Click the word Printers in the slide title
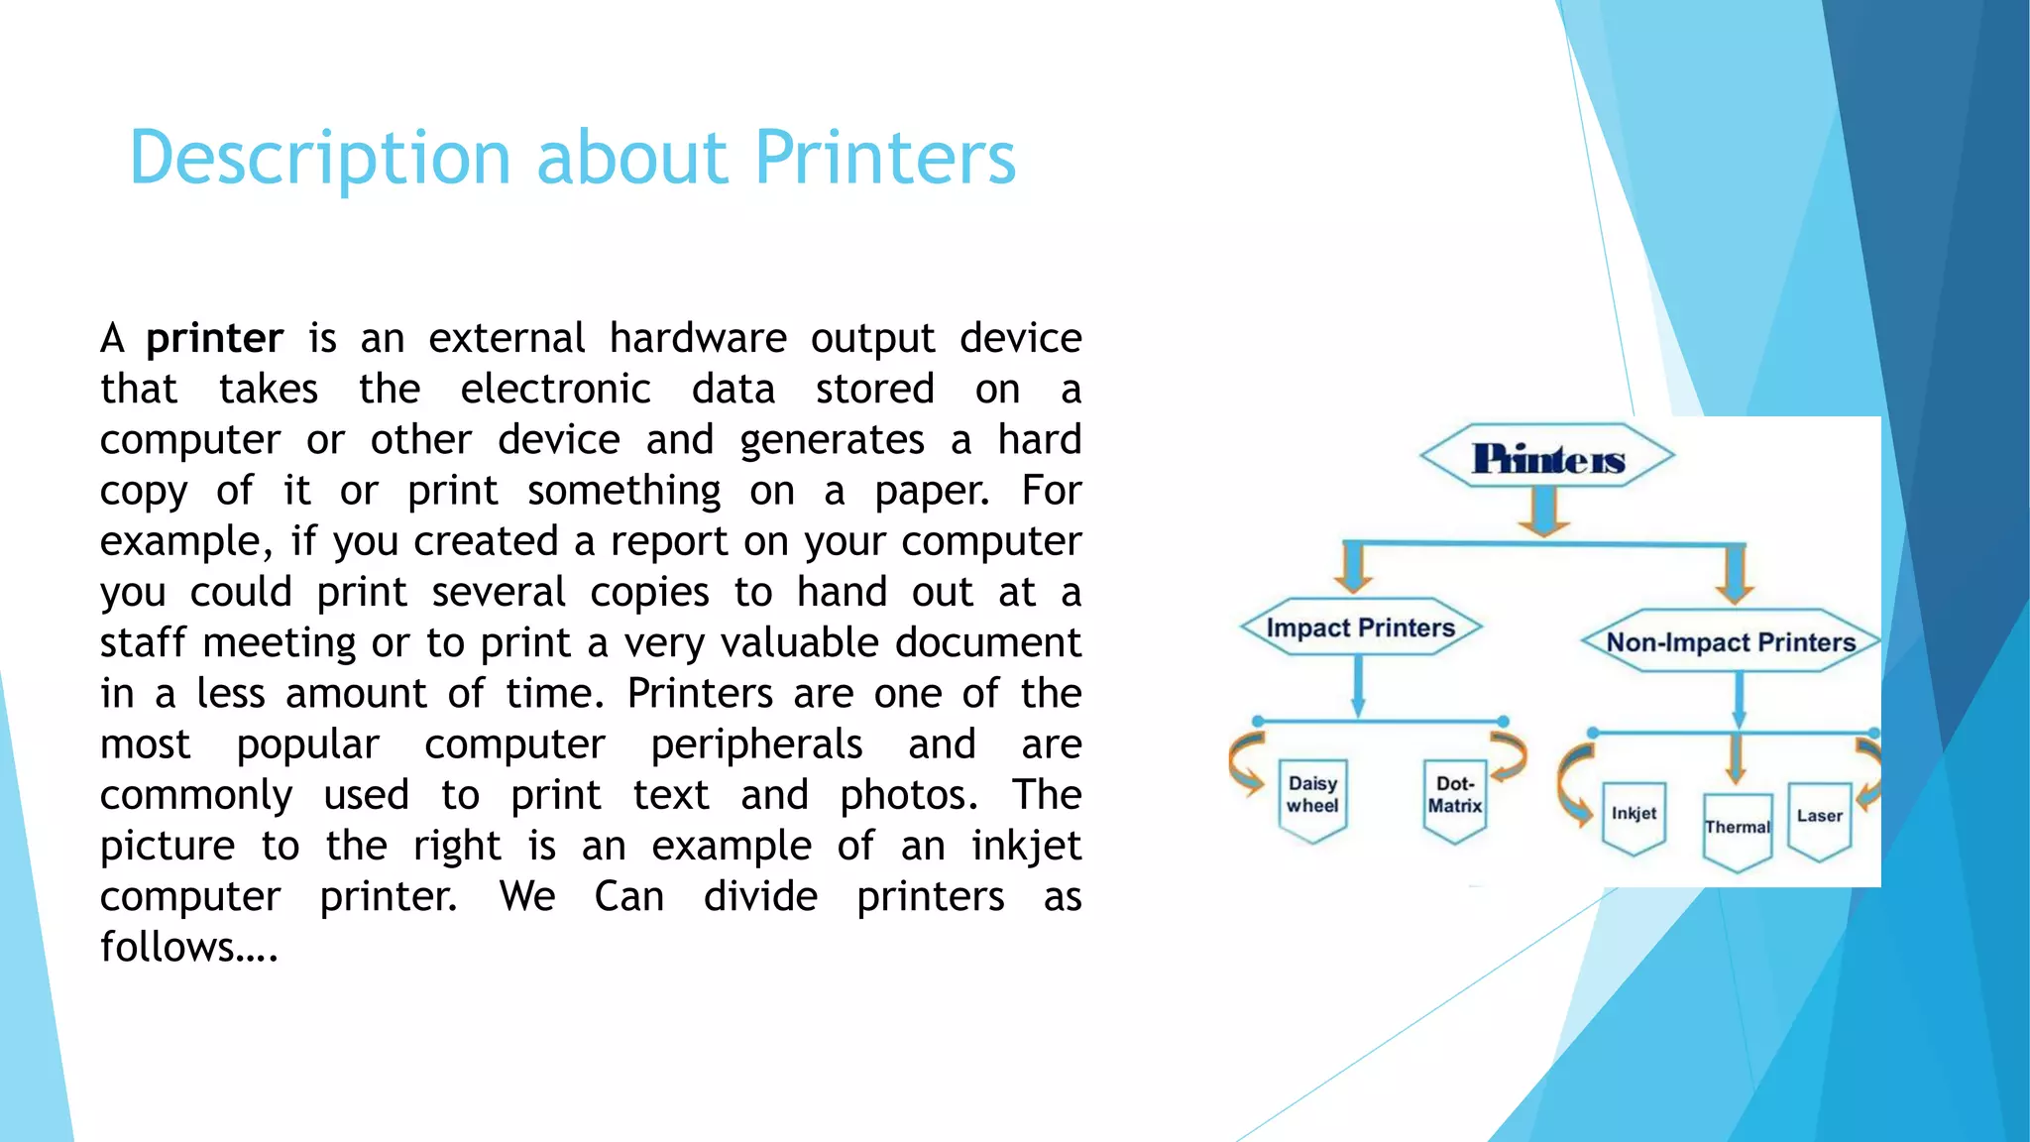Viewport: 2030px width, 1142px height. (884, 159)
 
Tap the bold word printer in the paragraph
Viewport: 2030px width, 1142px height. (214, 339)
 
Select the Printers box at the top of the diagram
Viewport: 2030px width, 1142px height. (1546, 458)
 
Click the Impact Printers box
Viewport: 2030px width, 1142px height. (1360, 628)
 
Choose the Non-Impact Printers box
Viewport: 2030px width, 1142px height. (1730, 642)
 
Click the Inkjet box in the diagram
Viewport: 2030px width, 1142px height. (1634, 816)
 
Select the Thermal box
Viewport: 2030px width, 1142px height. (1737, 829)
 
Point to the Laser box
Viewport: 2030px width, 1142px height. (1819, 818)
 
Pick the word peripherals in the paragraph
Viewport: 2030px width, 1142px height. (756, 744)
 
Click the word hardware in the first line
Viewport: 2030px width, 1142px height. (698, 339)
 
